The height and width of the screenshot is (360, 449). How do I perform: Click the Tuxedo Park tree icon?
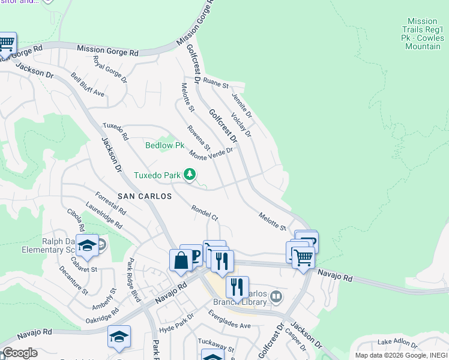[x=190, y=175]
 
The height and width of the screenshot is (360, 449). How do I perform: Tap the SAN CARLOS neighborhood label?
[x=144, y=196]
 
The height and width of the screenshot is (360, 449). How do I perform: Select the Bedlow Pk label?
[x=165, y=145]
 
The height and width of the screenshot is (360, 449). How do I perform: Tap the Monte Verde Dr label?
[x=211, y=154]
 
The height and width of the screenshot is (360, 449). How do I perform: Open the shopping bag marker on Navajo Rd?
[x=181, y=261]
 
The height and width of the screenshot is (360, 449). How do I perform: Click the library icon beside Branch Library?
[x=276, y=295]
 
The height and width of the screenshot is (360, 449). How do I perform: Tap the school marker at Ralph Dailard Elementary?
[x=87, y=247]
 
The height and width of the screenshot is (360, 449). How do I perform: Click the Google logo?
[x=19, y=353]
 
